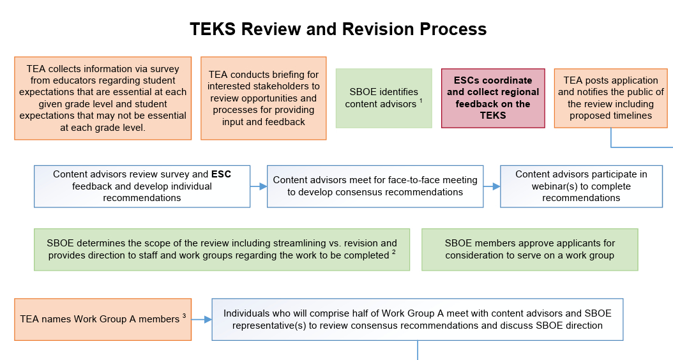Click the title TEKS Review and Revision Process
(338, 29)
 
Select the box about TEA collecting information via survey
(103, 98)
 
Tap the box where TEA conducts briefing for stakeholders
(264, 98)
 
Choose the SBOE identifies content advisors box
(384, 98)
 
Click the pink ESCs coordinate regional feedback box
(493, 98)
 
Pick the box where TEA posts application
(610, 98)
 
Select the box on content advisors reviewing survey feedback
(142, 186)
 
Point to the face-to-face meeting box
(375, 186)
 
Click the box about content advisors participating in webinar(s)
(581, 186)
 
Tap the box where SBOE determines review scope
(222, 250)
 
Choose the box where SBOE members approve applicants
(529, 250)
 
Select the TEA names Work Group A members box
(103, 319)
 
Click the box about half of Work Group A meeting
(417, 319)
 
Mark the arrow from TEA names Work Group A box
(202, 319)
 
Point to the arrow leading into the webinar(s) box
(492, 187)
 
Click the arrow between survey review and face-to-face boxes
(259, 187)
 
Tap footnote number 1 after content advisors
(421, 100)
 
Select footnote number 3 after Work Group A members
(184, 315)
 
